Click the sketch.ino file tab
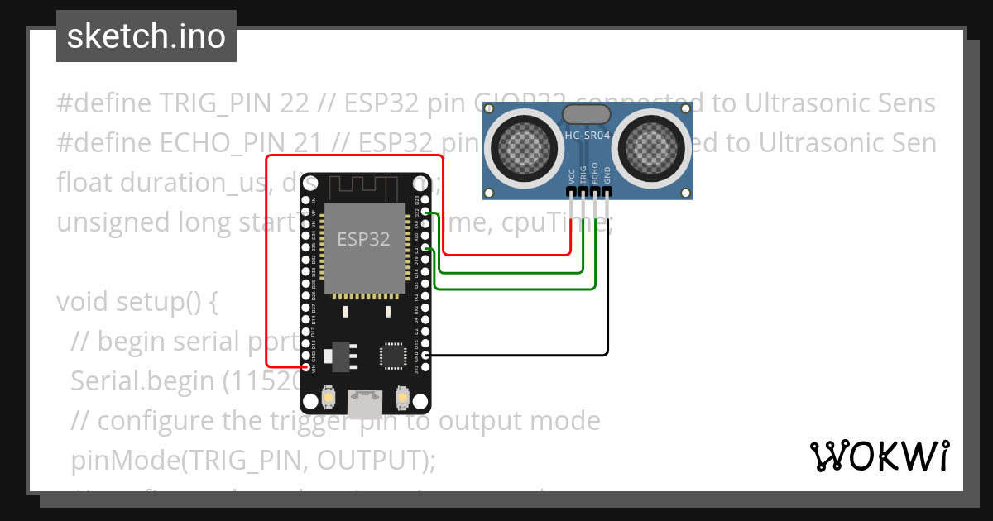coord(146,36)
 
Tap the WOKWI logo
coord(879,456)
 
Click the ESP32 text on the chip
coord(363,239)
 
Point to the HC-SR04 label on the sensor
coord(587,135)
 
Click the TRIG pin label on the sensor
coord(583,174)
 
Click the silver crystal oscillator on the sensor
coord(587,114)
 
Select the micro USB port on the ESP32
coord(365,404)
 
